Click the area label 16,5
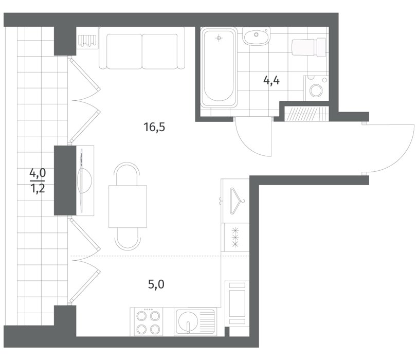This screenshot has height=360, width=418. (x=154, y=127)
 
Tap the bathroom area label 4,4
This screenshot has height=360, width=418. (x=271, y=80)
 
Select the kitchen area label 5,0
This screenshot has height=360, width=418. (x=156, y=284)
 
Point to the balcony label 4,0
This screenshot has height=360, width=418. (x=38, y=173)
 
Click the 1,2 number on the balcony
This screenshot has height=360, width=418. (x=38, y=189)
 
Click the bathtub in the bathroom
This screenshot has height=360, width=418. (x=219, y=67)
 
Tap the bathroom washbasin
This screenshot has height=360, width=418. (x=256, y=35)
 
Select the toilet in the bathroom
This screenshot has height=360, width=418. (x=308, y=47)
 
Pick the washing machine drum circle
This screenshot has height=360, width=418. (x=316, y=91)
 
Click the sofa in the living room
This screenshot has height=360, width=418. (x=142, y=48)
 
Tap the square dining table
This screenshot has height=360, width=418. (x=128, y=206)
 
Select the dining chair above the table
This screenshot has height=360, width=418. (x=128, y=174)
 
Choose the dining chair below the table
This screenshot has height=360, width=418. (x=128, y=239)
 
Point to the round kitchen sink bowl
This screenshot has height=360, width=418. (x=188, y=322)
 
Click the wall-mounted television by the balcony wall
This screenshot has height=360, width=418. (x=84, y=181)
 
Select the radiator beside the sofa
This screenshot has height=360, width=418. (x=87, y=41)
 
